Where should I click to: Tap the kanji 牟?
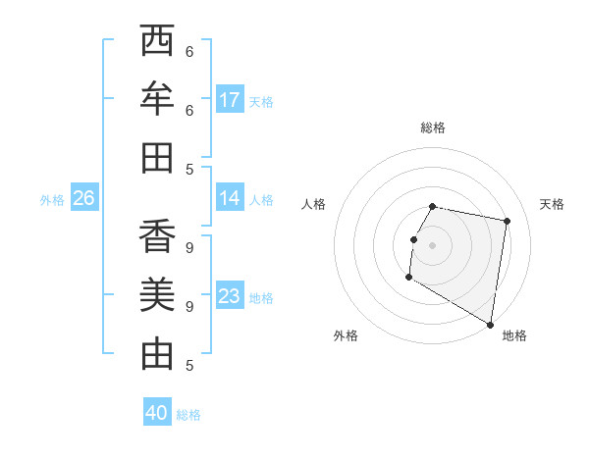pyautogui.click(x=157, y=99)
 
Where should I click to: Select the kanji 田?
pyautogui.click(x=157, y=157)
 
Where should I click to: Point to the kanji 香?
pyautogui.click(x=157, y=236)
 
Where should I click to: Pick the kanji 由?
pyautogui.click(x=157, y=353)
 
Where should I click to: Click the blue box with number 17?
pyautogui.click(x=230, y=100)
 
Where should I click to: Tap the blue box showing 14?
pyautogui.click(x=230, y=198)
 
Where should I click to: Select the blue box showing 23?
pyautogui.click(x=230, y=296)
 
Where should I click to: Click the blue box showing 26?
pyautogui.click(x=83, y=198)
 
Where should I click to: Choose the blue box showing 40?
pyautogui.click(x=157, y=413)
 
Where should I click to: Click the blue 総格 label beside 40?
pyautogui.click(x=188, y=415)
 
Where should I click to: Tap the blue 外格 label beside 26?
pyautogui.click(x=52, y=200)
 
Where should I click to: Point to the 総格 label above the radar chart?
pyautogui.click(x=433, y=128)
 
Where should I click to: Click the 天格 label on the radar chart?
pyautogui.click(x=552, y=204)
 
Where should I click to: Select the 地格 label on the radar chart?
pyautogui.click(x=514, y=335)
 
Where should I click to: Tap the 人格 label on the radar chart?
pyautogui.click(x=313, y=204)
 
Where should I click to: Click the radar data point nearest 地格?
pyautogui.click(x=490, y=325)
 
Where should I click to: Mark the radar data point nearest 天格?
pyautogui.click(x=507, y=222)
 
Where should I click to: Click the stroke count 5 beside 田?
pyautogui.click(x=189, y=169)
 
